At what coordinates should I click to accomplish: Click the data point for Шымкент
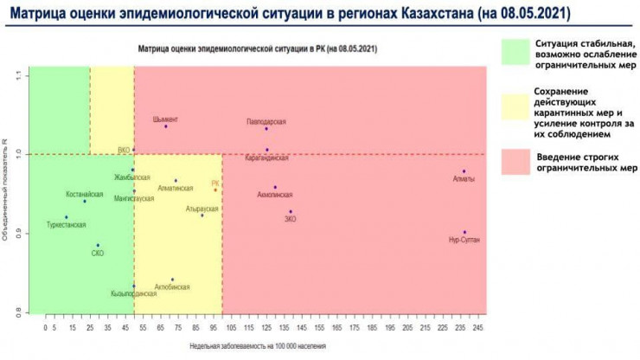(166, 126)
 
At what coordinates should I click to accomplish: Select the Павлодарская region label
(266, 122)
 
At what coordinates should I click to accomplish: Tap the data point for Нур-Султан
(464, 232)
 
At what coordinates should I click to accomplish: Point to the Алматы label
(464, 179)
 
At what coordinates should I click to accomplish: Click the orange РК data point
(215, 190)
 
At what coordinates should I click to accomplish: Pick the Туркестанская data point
(67, 217)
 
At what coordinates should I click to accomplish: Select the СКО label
(98, 254)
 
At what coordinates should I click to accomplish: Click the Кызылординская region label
(134, 293)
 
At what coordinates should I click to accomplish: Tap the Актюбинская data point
(172, 280)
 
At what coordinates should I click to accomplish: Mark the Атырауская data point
(202, 215)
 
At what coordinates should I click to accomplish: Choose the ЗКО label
(291, 220)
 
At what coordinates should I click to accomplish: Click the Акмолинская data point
(275, 187)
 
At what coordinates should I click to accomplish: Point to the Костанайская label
(85, 194)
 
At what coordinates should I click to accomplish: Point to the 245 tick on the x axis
(478, 329)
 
